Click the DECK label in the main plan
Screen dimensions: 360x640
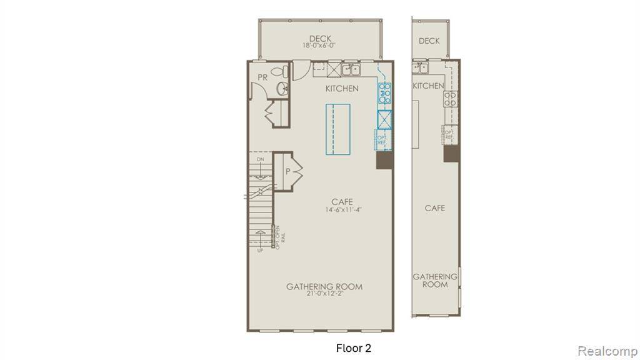pos(320,39)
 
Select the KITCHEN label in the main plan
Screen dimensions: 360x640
pos(342,89)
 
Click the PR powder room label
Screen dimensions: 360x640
pos(263,77)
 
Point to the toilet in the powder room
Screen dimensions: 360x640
pos(284,70)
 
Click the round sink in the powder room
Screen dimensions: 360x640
pos(282,88)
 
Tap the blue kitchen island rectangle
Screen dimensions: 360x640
pos(337,129)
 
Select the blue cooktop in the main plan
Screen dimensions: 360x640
pos(384,93)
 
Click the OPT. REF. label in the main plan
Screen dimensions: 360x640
pos(382,139)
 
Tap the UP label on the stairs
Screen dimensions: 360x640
pos(261,250)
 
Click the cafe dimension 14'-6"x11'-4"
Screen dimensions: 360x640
pos(342,210)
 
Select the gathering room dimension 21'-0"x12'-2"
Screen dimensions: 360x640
pos(324,295)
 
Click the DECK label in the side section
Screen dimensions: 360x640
pos(429,41)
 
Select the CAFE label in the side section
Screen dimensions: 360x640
pos(434,207)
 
